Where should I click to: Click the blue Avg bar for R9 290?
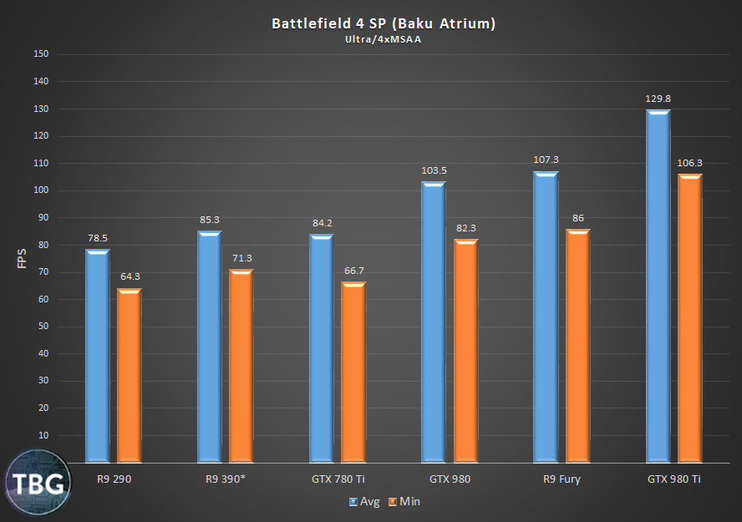pyautogui.click(x=97, y=355)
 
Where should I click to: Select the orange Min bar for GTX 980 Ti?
pyautogui.click(x=690, y=317)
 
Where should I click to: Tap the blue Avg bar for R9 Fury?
pyautogui.click(x=546, y=317)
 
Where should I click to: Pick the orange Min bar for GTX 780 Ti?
pyautogui.click(x=353, y=372)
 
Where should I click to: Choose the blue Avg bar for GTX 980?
pyautogui.click(x=434, y=322)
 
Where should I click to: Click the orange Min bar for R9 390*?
pyautogui.click(x=241, y=366)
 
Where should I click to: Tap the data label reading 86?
pyautogui.click(x=578, y=217)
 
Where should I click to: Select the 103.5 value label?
pyautogui.click(x=434, y=170)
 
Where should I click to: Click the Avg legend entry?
pyautogui.click(x=364, y=501)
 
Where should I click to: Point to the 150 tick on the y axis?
pyautogui.click(x=41, y=54)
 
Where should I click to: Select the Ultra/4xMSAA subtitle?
pyautogui.click(x=384, y=38)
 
